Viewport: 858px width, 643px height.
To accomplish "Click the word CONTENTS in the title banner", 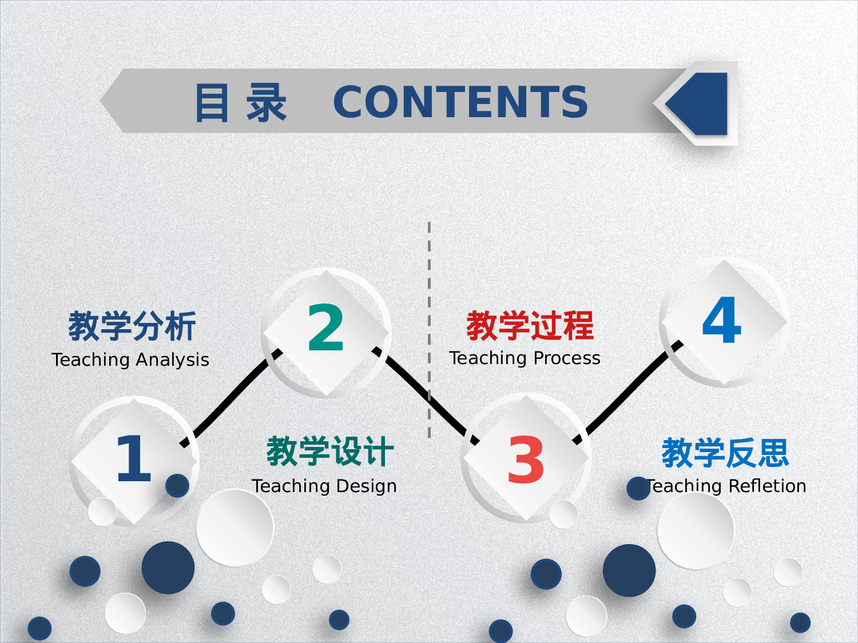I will click(460, 102).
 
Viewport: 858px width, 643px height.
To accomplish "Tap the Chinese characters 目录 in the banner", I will click(240, 103).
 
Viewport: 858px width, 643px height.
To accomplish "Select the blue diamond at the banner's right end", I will click(701, 103).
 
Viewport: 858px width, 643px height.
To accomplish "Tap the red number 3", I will click(525, 460).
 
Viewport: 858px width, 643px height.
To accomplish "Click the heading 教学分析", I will click(132, 326).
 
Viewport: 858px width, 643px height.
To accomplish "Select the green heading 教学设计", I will click(330, 452).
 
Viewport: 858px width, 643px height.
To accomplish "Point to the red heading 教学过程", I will click(530, 326).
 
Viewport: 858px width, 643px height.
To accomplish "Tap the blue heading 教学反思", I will click(725, 453).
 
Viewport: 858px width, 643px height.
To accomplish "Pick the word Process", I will click(569, 358).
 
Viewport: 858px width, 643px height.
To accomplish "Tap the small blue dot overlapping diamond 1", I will click(177, 485).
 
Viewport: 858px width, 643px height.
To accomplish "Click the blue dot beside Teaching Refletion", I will click(638, 489).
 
